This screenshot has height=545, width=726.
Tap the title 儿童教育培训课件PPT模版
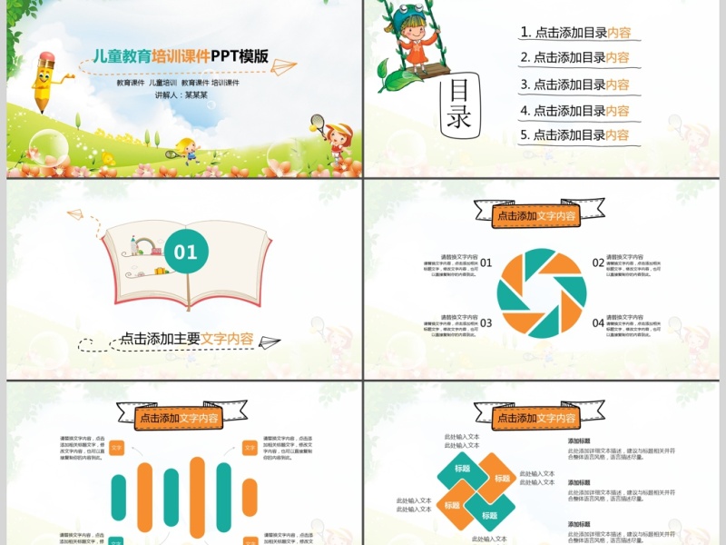181,55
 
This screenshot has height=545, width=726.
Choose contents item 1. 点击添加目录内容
575,33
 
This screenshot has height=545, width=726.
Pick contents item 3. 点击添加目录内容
575,84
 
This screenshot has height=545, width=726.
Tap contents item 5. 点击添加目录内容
575,135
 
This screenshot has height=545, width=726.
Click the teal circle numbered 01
185,252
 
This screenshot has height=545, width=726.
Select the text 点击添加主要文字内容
187,338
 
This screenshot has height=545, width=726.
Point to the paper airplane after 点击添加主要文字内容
270,342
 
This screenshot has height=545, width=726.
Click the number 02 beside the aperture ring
599,263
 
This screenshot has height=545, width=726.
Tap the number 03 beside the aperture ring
486,322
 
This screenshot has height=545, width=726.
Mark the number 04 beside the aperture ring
599,322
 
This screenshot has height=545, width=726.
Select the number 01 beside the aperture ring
486,263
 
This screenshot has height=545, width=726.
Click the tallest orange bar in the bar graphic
198,498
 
